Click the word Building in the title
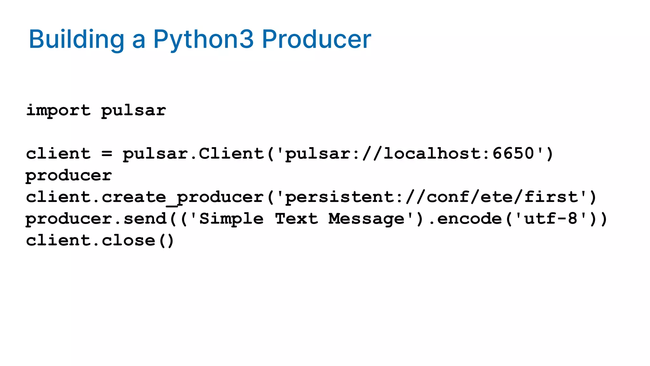[x=76, y=39]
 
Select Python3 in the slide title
[x=203, y=39]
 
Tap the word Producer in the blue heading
[x=316, y=39]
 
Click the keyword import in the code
[x=58, y=111]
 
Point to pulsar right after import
[x=134, y=111]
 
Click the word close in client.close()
[x=129, y=241]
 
